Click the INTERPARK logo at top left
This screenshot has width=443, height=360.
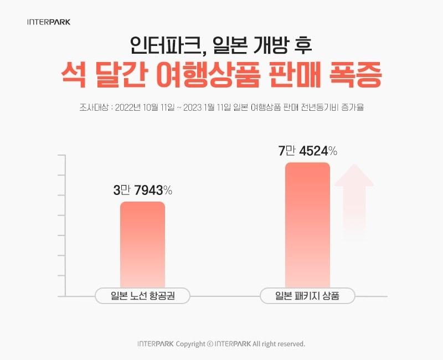point(49,23)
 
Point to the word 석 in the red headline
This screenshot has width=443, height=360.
point(73,76)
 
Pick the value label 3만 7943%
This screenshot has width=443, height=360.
point(142,191)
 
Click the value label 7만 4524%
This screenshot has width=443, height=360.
point(307,151)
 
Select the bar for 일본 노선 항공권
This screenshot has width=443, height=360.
point(142,246)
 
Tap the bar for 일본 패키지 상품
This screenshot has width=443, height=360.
point(307,227)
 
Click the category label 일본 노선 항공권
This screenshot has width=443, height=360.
point(142,296)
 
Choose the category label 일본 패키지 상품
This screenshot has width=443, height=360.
point(307,296)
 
